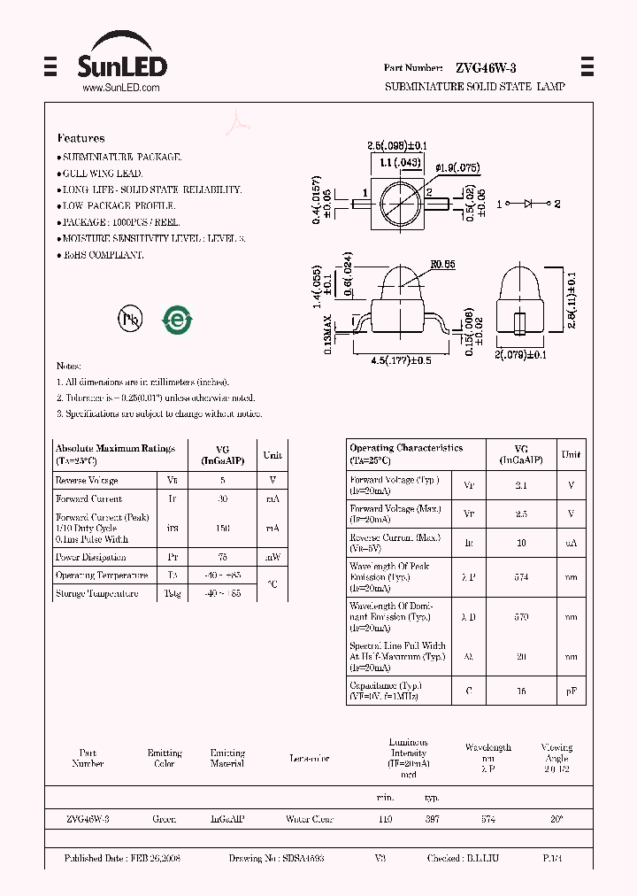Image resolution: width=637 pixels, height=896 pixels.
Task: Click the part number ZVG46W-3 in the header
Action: click(x=486, y=68)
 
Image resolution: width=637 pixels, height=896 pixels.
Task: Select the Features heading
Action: click(x=81, y=138)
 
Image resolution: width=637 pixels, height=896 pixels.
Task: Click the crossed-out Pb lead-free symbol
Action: click(x=130, y=320)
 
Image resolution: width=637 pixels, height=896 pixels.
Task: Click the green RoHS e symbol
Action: click(x=177, y=320)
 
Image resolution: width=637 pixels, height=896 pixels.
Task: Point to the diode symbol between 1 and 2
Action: click(x=528, y=204)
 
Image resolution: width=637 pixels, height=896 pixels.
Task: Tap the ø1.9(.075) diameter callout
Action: click(x=458, y=167)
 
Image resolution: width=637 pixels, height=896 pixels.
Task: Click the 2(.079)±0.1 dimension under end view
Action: click(x=522, y=355)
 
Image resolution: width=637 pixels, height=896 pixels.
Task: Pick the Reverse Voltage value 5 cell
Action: click(x=222, y=480)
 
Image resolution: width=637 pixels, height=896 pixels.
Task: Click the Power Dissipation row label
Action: click(x=91, y=557)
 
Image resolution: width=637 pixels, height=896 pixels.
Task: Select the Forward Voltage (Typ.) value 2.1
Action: click(x=521, y=485)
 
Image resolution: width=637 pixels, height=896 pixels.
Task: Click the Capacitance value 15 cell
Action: click(x=521, y=691)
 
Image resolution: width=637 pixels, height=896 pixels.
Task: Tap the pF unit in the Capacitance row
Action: click(x=572, y=691)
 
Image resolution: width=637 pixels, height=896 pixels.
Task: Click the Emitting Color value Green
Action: click(x=165, y=820)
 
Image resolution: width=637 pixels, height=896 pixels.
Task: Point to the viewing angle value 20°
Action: click(x=556, y=820)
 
